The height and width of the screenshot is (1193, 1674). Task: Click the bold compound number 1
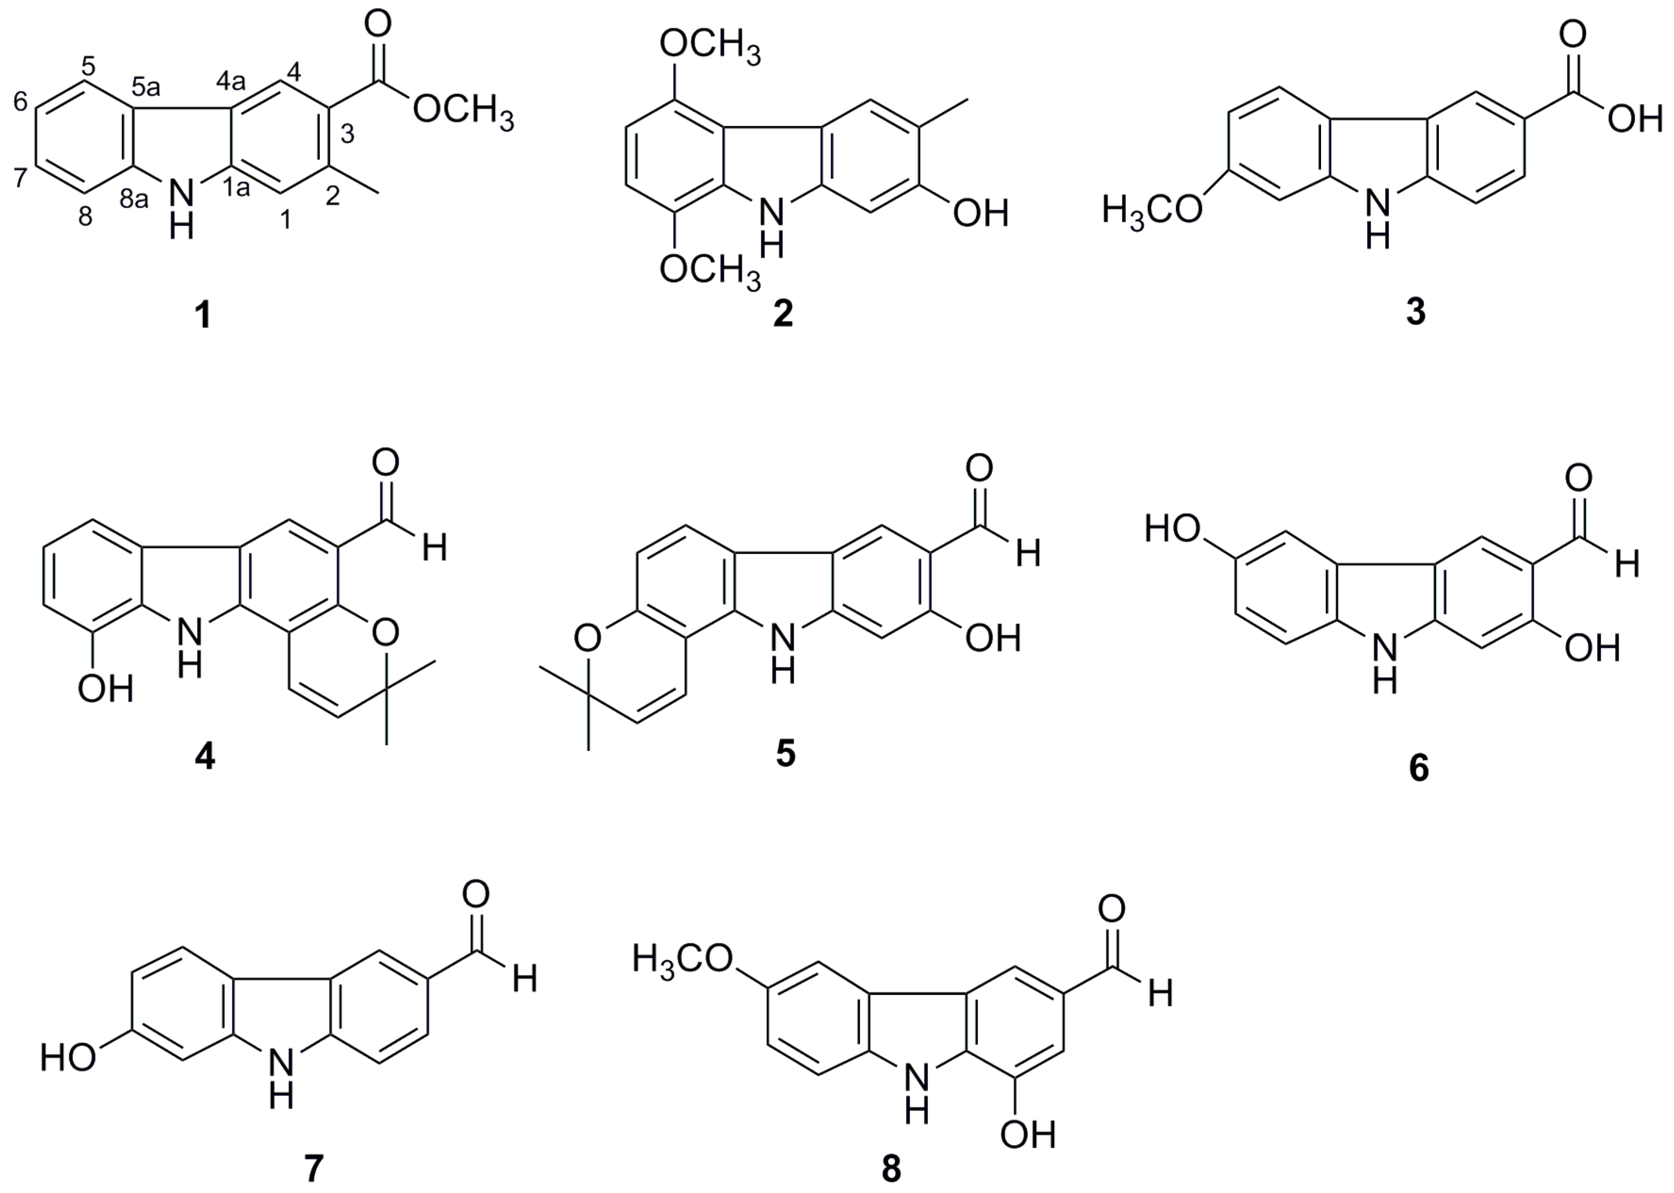(203, 316)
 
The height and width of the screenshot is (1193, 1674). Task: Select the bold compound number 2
(783, 314)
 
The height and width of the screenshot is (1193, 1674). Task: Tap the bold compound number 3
(1415, 312)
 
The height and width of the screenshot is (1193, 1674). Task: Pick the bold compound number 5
(786, 754)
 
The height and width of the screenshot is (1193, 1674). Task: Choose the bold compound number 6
(1419, 768)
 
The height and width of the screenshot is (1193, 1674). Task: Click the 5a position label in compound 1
(146, 88)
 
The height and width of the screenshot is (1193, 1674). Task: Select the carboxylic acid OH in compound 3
(1634, 119)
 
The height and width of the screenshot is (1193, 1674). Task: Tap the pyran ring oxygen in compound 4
(385, 630)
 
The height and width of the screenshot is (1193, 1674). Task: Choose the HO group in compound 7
(69, 1059)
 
